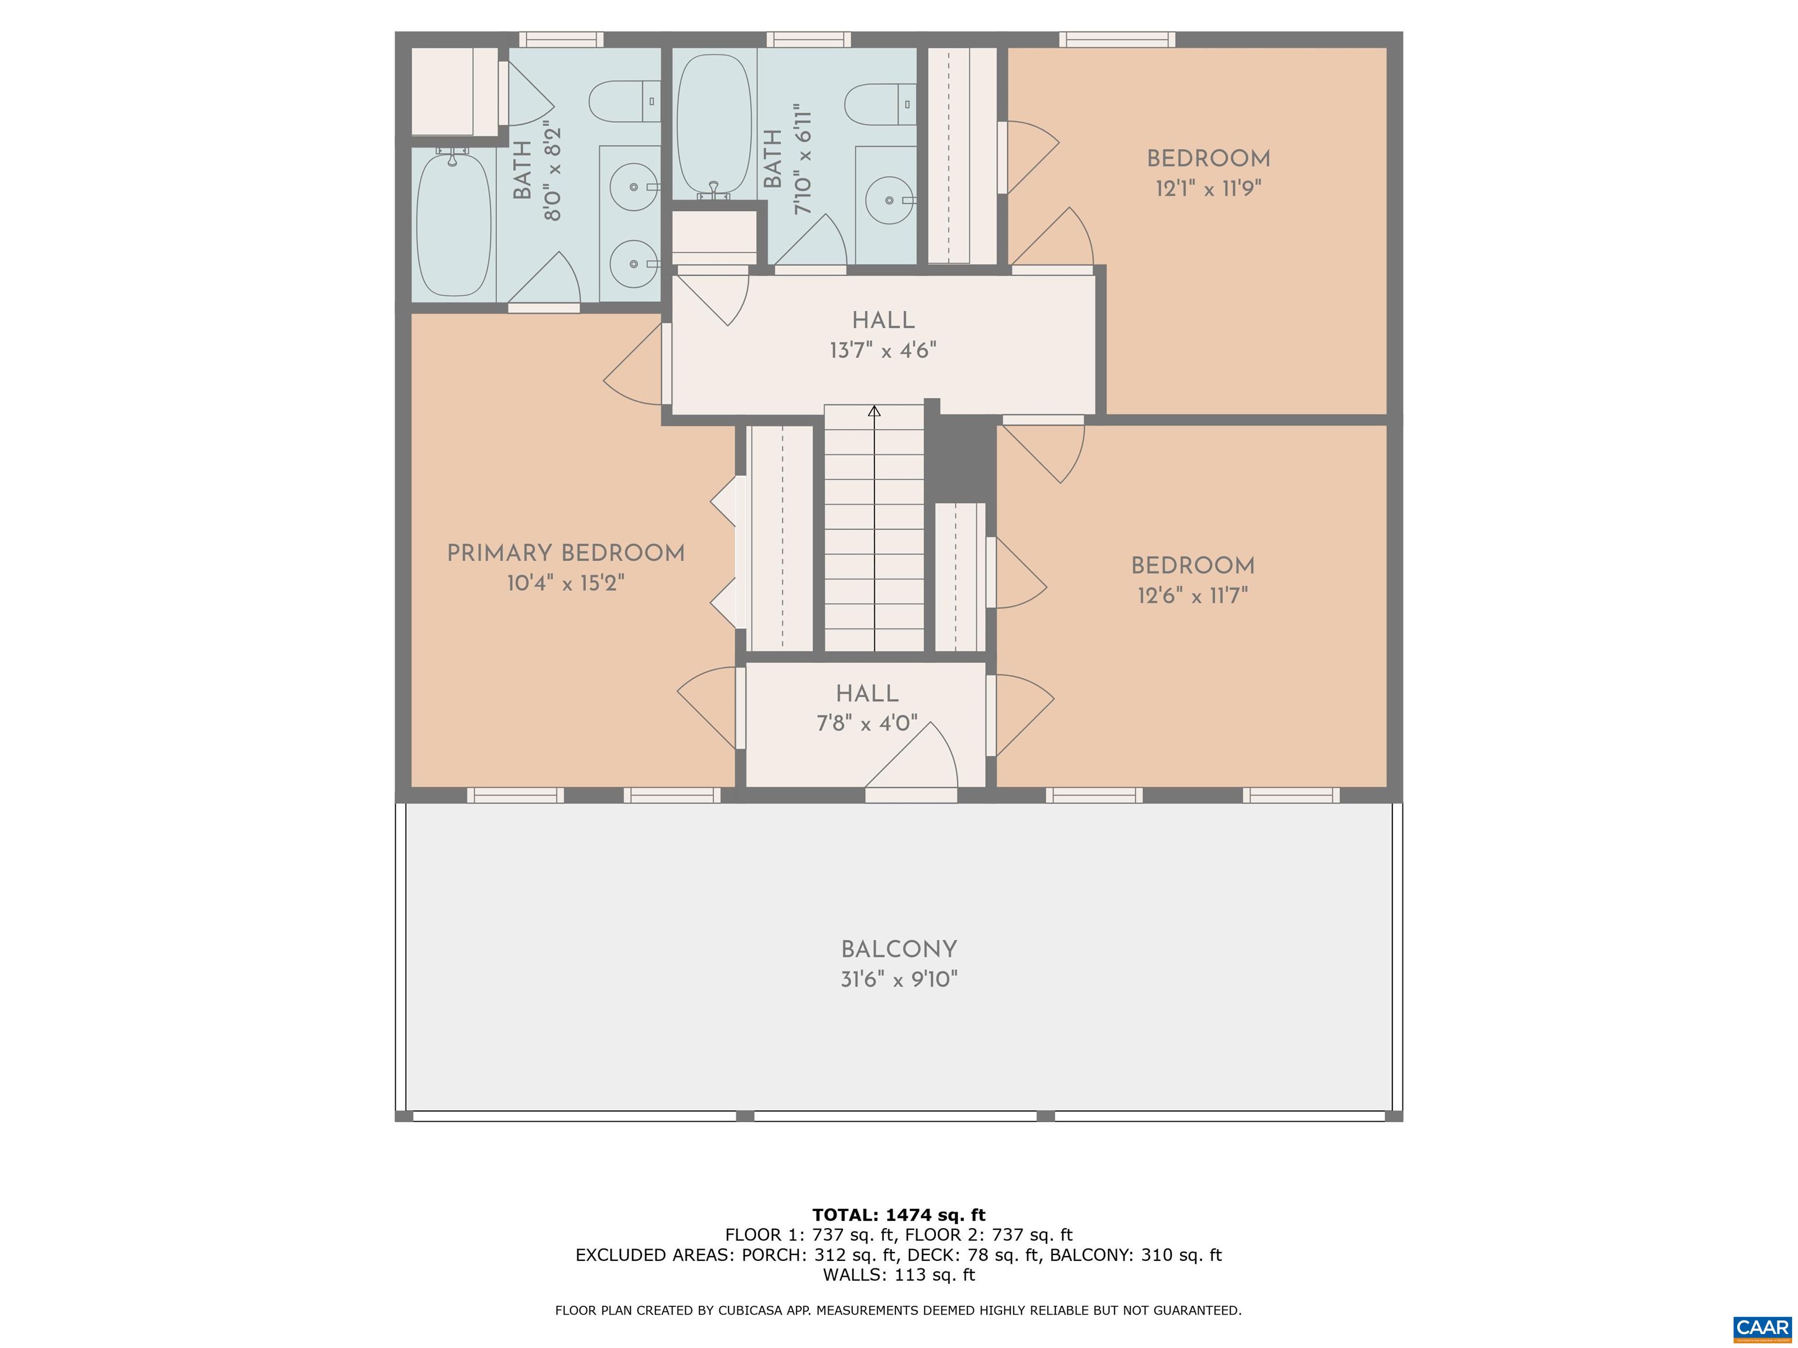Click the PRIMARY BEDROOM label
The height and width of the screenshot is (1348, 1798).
coord(566,553)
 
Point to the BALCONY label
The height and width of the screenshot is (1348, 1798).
coord(898,949)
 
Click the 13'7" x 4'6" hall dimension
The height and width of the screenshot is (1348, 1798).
coord(883,351)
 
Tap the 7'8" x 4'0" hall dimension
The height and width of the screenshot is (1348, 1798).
coord(866,723)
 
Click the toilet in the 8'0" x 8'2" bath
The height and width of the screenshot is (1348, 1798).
coord(623,102)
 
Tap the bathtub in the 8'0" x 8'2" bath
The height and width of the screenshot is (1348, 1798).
coord(454,221)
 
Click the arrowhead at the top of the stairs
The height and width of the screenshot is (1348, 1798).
coord(874,411)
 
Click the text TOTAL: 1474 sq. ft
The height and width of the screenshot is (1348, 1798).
coord(898,1215)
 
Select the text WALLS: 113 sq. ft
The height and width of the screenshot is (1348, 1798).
coord(898,1274)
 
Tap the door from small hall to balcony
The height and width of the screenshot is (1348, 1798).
coord(910,795)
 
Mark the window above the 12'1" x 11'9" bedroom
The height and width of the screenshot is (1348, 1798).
coord(1117,39)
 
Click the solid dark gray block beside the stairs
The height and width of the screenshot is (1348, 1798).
coord(962,459)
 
